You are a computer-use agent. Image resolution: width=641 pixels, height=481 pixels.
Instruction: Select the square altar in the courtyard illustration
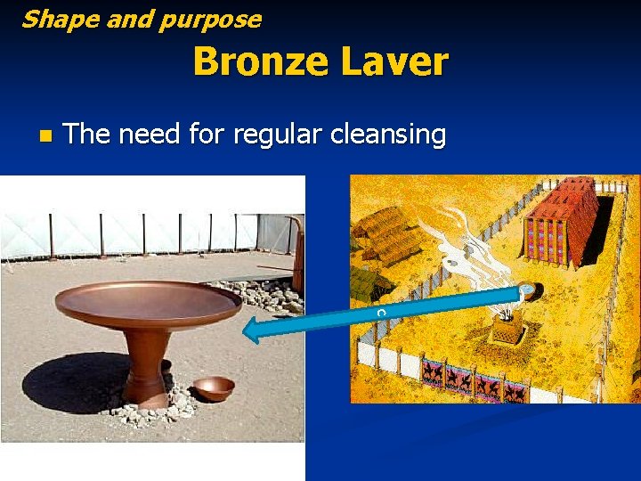pyautogui.click(x=508, y=331)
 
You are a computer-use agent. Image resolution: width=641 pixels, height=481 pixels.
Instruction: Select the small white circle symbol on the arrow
pyautogui.click(x=380, y=312)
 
